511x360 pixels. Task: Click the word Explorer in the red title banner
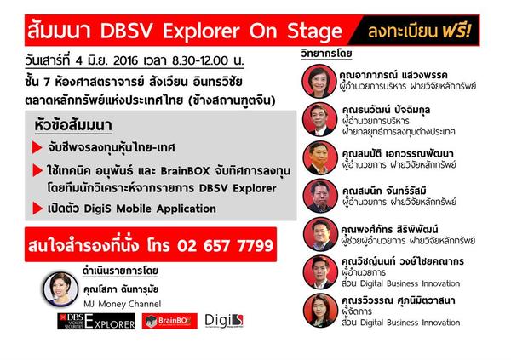click(x=201, y=31)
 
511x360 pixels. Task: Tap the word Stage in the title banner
click(x=315, y=31)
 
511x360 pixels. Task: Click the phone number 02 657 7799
click(x=225, y=245)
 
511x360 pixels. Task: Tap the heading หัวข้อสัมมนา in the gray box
click(x=73, y=125)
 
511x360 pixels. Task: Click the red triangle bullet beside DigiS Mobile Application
click(x=37, y=209)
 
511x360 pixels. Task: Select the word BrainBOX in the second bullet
click(x=185, y=171)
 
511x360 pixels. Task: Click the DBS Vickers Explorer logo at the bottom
click(x=96, y=321)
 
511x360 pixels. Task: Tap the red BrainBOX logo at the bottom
click(x=169, y=321)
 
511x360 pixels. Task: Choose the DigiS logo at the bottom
click(x=224, y=321)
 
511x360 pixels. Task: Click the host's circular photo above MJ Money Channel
click(x=60, y=289)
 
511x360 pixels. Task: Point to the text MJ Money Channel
click(x=122, y=304)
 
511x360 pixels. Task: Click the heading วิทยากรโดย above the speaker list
click(x=326, y=54)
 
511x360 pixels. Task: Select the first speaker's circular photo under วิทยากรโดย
click(x=319, y=81)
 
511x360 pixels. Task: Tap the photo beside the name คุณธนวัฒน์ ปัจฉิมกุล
click(x=319, y=119)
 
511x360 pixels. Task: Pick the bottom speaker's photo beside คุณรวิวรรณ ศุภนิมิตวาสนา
click(x=320, y=311)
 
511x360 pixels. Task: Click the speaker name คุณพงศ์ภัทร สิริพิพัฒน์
click(x=389, y=229)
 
